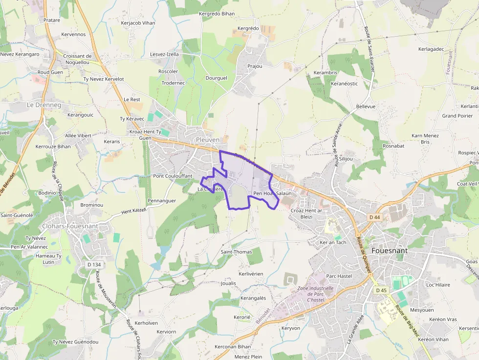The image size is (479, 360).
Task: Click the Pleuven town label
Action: click(x=207, y=140)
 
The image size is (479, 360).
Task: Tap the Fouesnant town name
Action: click(x=390, y=251)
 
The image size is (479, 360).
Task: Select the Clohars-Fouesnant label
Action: click(x=70, y=226)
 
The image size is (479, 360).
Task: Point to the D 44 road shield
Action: click(x=375, y=217)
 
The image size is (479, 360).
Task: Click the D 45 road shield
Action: click(x=382, y=290)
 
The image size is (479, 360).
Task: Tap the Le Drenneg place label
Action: click(x=44, y=105)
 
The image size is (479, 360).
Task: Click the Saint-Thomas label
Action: click(x=236, y=252)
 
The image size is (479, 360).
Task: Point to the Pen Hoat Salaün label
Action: click(x=272, y=193)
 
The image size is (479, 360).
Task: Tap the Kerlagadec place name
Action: click(x=431, y=49)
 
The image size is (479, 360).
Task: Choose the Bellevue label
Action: click(x=366, y=106)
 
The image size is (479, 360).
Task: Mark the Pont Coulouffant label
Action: click(x=173, y=176)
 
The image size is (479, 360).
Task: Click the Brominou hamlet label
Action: click(x=91, y=205)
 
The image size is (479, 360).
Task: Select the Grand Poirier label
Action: click(x=457, y=116)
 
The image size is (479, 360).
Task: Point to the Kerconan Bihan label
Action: click(x=233, y=346)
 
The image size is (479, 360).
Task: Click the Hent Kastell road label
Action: click(x=133, y=210)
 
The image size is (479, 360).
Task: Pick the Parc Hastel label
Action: click(x=339, y=276)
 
